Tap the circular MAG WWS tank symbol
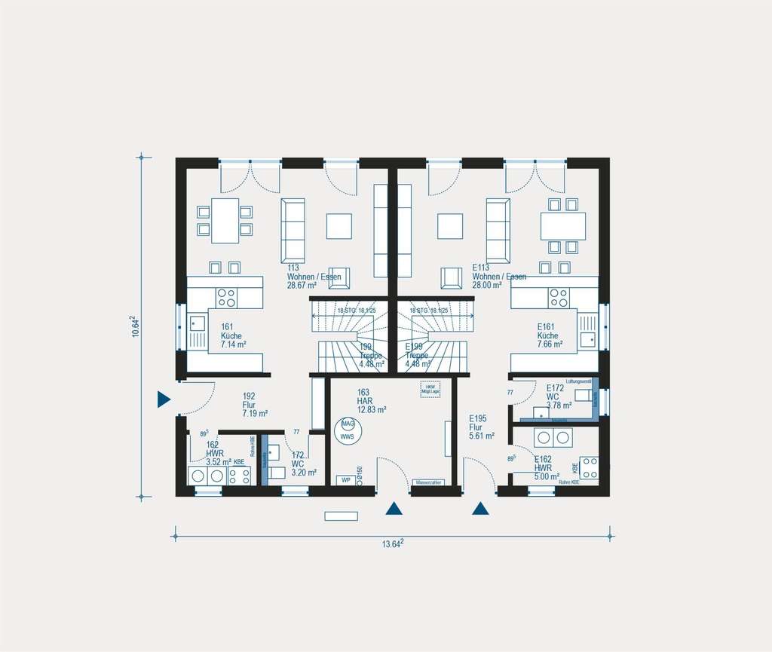click(x=348, y=431)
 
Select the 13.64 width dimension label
click(x=394, y=544)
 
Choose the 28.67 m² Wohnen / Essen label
click(x=313, y=277)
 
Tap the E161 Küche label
click(x=550, y=335)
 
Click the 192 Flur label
click(x=250, y=404)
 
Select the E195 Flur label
click(x=481, y=427)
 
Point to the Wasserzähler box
click(x=429, y=482)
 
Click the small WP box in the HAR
click(x=346, y=480)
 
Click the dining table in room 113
click(x=225, y=220)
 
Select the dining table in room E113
click(x=562, y=225)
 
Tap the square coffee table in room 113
click(x=339, y=225)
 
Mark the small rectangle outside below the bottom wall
click(x=341, y=516)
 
